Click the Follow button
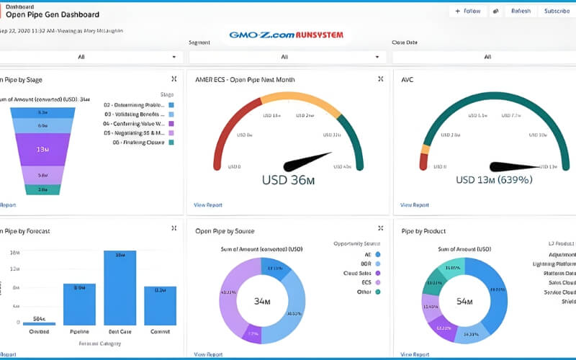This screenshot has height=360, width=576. tap(467, 11)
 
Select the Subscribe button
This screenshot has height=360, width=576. tap(557, 11)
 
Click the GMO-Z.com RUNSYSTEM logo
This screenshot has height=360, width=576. tap(286, 35)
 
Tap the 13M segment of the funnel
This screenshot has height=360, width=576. tap(42, 149)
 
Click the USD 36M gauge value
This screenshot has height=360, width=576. tap(288, 181)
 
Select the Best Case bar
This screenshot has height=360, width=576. tap(120, 288)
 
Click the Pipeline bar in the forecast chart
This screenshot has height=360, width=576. tap(78, 304)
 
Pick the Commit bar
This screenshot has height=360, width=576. tap(160, 305)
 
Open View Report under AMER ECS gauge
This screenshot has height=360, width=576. tap(208, 205)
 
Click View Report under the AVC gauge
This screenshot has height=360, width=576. tap(415, 205)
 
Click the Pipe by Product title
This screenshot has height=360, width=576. tap(423, 231)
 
